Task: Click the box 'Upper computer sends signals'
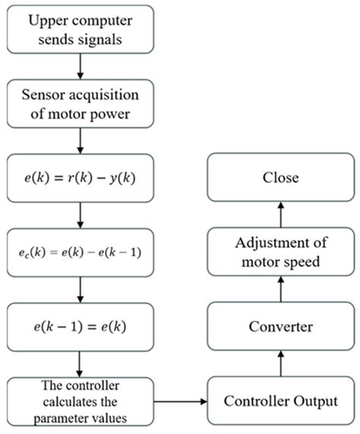pos(80,29)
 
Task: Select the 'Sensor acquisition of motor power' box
pos(80,104)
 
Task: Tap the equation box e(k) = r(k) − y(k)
pos(80,180)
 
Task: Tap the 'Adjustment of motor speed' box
pos(280,253)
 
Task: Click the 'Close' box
pos(280,179)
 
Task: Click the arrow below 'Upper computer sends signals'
pos(80,66)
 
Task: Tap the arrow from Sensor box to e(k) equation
pos(80,141)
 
